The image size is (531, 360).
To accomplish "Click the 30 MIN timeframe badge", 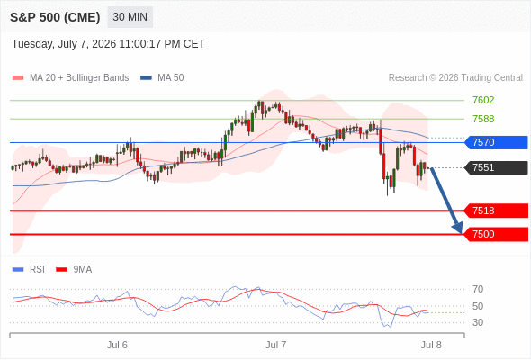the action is pyautogui.click(x=130, y=17).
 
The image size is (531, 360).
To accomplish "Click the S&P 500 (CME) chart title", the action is pyautogui.click(x=55, y=17).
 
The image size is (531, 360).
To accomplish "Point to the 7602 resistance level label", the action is pyautogui.click(x=483, y=100).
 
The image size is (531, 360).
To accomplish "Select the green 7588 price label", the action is pyautogui.click(x=483, y=119).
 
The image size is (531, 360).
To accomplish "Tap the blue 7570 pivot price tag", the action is pyautogui.click(x=496, y=142).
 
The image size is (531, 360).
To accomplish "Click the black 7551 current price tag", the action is pyautogui.click(x=496, y=167).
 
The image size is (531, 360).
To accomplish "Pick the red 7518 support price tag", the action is pyautogui.click(x=496, y=211).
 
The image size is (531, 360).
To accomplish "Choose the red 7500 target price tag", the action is pyautogui.click(x=496, y=234).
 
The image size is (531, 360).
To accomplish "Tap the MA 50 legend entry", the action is pyautogui.click(x=162, y=78).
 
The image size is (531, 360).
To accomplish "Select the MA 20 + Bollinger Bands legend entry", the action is pyautogui.click(x=70, y=78).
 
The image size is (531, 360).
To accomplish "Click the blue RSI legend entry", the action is pyautogui.click(x=29, y=270).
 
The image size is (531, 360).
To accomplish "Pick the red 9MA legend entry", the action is pyautogui.click(x=74, y=270).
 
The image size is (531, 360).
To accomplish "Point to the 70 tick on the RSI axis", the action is pyautogui.click(x=478, y=289).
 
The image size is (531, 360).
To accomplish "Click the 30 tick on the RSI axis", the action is pyautogui.click(x=478, y=322).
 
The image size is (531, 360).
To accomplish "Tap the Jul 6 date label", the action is pyautogui.click(x=117, y=345).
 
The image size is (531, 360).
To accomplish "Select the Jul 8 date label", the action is pyautogui.click(x=431, y=345).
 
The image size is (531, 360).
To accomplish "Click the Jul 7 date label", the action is pyautogui.click(x=275, y=345).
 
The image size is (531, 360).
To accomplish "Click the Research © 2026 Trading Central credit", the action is pyautogui.click(x=455, y=78).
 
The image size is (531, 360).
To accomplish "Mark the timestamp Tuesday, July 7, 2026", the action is pyautogui.click(x=64, y=44).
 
